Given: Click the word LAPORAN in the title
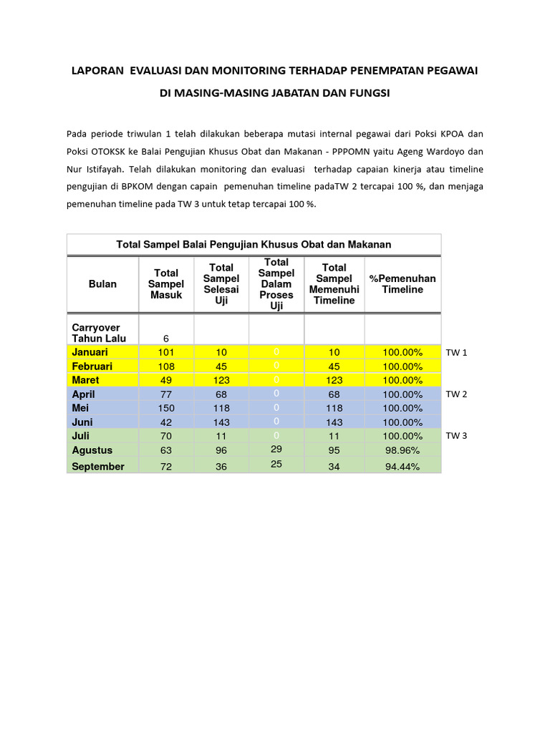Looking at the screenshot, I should pyautogui.click(x=96, y=71).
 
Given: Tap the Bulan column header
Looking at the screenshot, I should pyautogui.click(x=102, y=284).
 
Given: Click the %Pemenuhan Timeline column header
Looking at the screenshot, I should pyautogui.click(x=402, y=284).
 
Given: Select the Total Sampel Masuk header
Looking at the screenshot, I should pyautogui.click(x=166, y=284).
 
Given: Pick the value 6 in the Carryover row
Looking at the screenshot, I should pyautogui.click(x=166, y=339).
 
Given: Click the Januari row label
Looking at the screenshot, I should pyautogui.click(x=90, y=352).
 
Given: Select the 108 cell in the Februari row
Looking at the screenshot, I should pyautogui.click(x=166, y=366).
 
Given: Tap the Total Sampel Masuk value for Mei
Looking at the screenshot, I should pyautogui.click(x=166, y=408).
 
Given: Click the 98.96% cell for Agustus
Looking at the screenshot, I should pyautogui.click(x=402, y=450).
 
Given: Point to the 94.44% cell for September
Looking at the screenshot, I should pyautogui.click(x=402, y=467).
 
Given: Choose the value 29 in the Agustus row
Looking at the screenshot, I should pyautogui.click(x=276, y=448).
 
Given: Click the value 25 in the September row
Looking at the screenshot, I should pyautogui.click(x=276, y=464).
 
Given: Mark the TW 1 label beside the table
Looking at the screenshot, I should pyautogui.click(x=456, y=353).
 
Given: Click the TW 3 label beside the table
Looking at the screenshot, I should pyautogui.click(x=456, y=436).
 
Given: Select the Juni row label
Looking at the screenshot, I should pyautogui.click(x=83, y=422).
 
